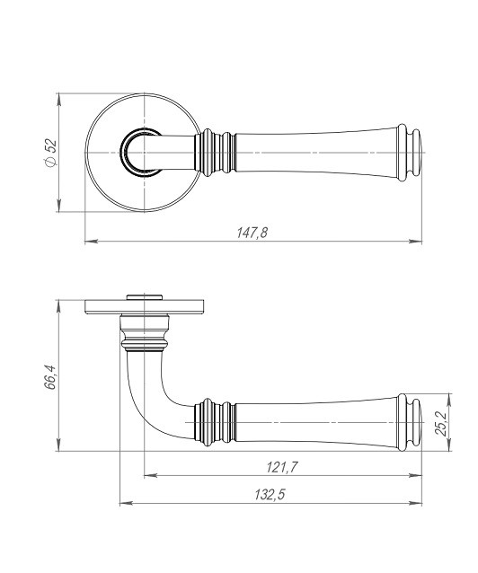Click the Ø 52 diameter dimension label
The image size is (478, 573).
(51, 153)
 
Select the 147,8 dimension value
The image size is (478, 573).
(252, 233)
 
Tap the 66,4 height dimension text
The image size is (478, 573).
(50, 377)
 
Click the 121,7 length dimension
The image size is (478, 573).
(282, 467)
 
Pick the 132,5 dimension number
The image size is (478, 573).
(270, 495)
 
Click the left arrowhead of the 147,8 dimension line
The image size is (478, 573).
(91, 242)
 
